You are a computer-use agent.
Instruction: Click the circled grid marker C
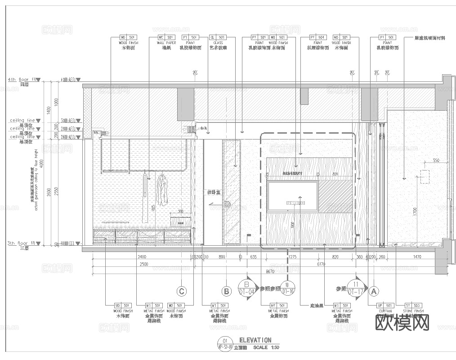[x=182, y=291]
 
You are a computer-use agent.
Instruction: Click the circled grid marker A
[x=373, y=291]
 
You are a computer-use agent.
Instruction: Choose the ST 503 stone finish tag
[x=414, y=306]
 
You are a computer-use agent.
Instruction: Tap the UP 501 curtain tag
[x=385, y=306]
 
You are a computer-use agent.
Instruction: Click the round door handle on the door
[x=227, y=204]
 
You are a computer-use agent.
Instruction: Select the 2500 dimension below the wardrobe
[x=143, y=264]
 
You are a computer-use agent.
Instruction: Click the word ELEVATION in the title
[x=255, y=340]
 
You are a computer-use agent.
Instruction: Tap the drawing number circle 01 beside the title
[x=225, y=341]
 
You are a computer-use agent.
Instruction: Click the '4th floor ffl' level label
[x=21, y=80]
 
